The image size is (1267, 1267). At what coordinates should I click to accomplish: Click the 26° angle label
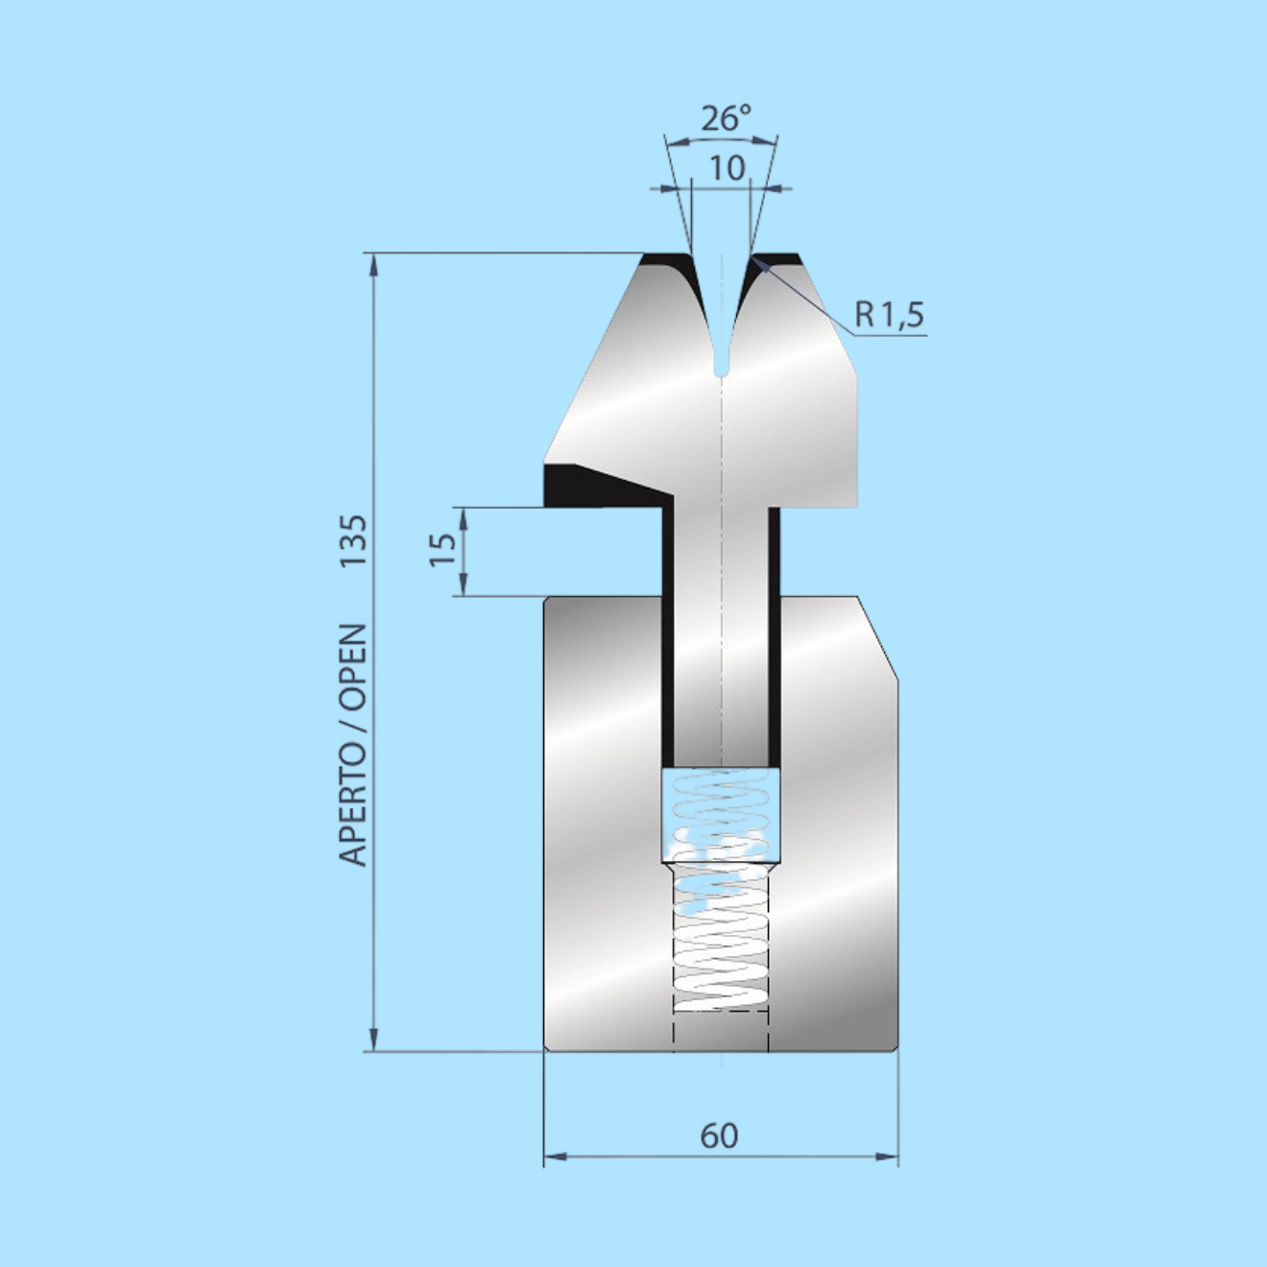[725, 118]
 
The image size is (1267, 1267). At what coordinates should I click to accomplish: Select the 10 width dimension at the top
[727, 168]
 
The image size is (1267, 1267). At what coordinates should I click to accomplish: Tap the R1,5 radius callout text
[889, 314]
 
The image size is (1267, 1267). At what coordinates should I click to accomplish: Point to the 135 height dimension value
[353, 539]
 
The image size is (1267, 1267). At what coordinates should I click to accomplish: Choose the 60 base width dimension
[719, 1136]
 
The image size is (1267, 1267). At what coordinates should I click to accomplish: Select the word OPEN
[353, 666]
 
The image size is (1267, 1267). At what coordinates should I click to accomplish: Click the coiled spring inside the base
[721, 941]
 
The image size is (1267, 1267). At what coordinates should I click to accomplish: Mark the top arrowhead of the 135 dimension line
[373, 264]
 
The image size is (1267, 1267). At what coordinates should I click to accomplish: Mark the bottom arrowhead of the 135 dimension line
[373, 1040]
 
